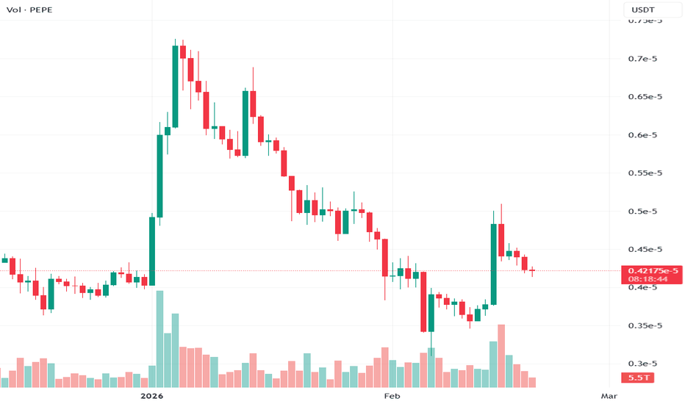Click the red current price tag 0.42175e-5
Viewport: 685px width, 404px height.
point(653,271)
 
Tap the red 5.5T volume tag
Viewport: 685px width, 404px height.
point(636,378)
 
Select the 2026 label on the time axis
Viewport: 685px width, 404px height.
point(151,396)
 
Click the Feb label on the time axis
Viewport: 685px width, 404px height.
point(392,396)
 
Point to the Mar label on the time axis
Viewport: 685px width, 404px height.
point(609,396)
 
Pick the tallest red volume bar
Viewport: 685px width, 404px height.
point(501,356)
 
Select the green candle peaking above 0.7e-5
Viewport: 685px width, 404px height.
point(176,87)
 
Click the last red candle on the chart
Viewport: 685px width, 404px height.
point(532,271)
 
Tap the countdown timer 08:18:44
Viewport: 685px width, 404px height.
point(653,279)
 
